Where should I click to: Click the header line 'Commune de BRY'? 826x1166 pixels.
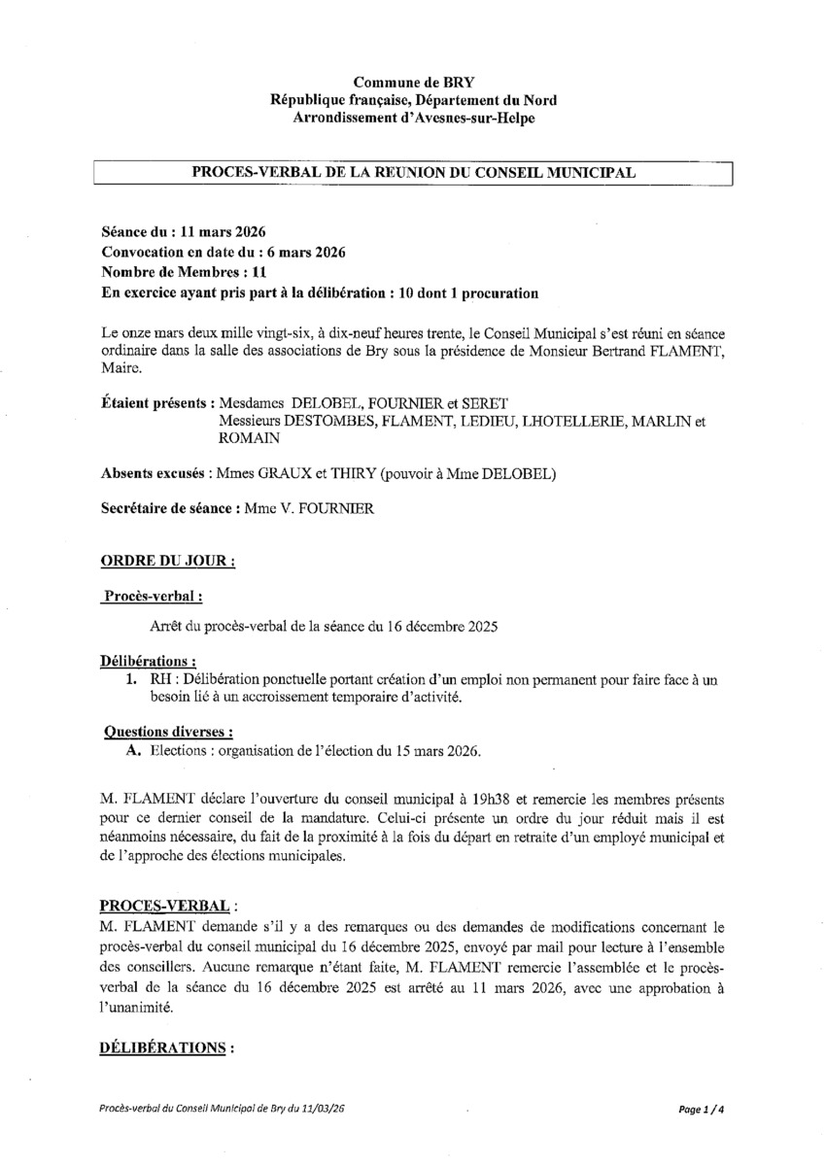[414, 85]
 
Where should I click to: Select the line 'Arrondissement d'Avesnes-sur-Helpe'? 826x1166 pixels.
[414, 118]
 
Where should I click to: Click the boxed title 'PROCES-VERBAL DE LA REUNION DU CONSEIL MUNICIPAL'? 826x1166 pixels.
[414, 172]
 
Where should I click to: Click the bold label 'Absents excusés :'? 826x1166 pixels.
[157, 473]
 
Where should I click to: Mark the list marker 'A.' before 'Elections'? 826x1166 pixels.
[135, 752]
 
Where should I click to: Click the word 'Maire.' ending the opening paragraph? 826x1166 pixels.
[121, 368]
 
